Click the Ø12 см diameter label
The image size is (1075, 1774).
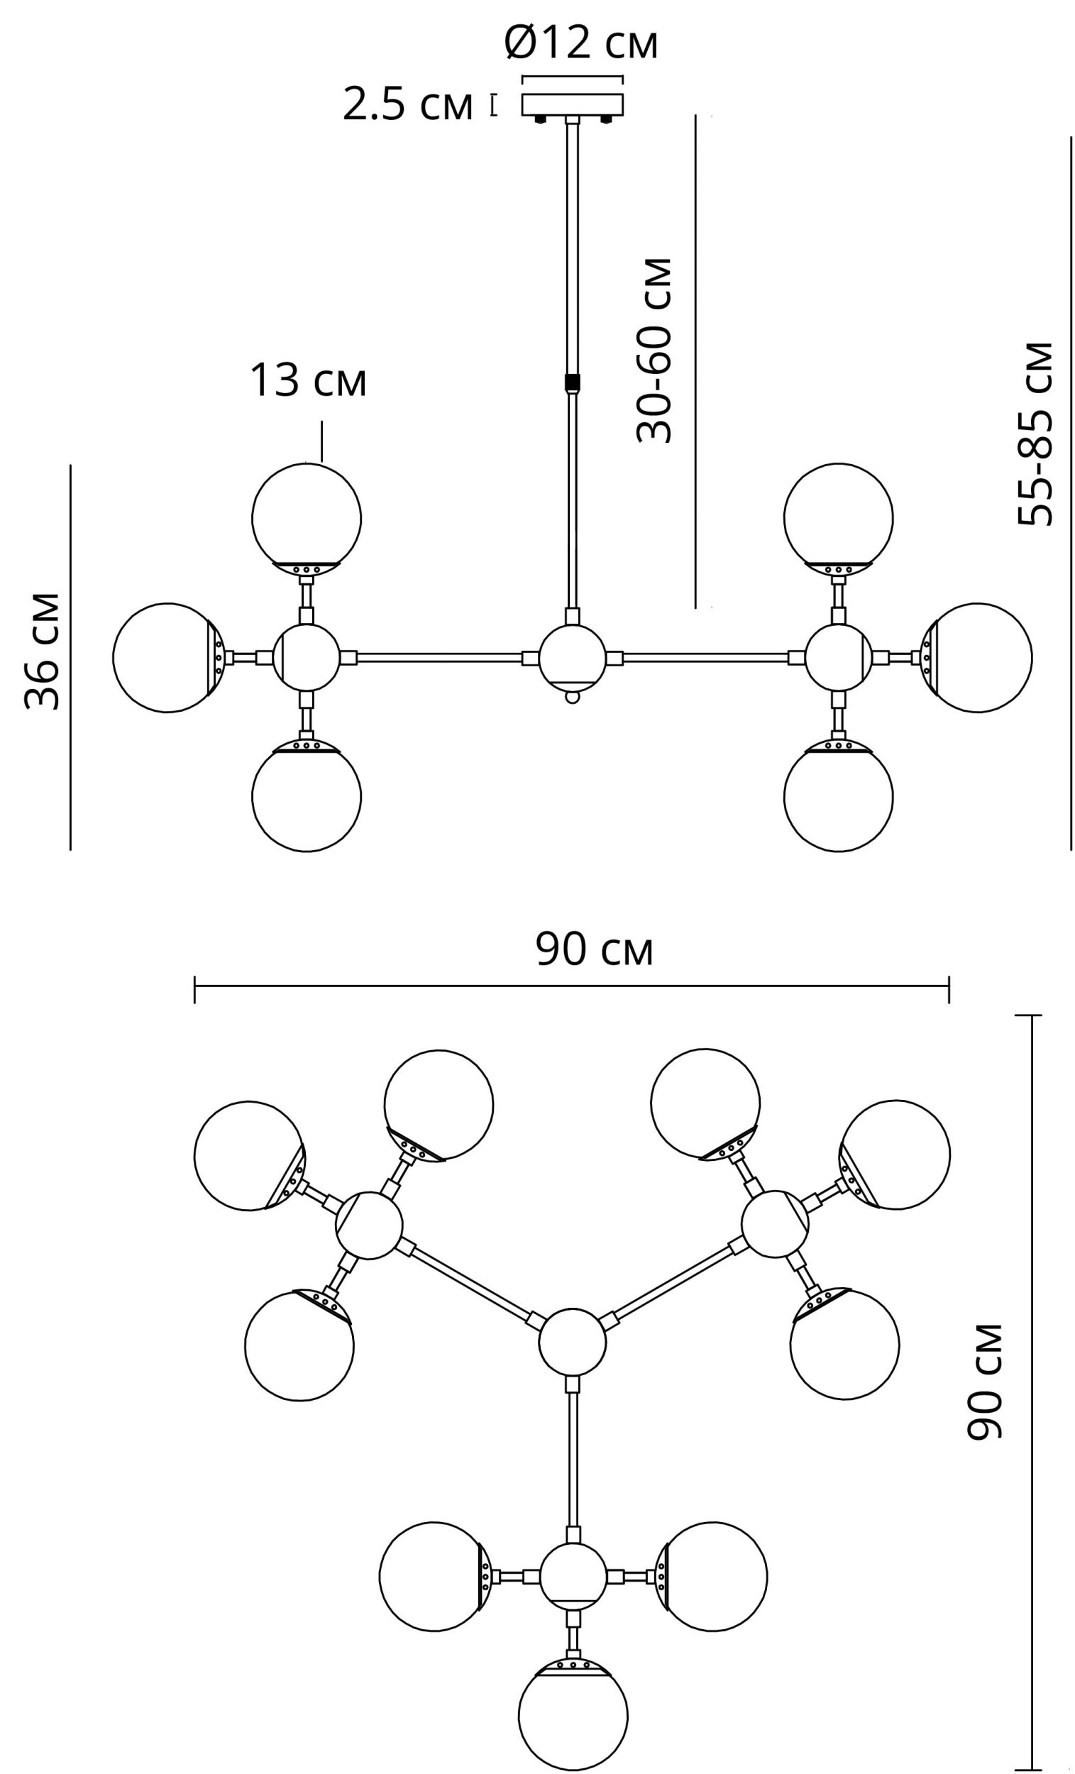coord(580,43)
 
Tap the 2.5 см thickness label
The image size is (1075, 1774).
coord(407,105)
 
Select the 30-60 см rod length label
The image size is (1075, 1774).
coord(654,350)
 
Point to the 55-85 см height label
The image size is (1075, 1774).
coord(1035,434)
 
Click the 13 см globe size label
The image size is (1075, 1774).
coord(307,381)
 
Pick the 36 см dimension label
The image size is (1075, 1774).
coord(42,651)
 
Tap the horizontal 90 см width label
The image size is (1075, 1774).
coord(594,949)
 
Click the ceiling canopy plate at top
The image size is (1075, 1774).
coord(573,104)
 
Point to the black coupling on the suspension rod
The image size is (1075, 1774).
coord(573,381)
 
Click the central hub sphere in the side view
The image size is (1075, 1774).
coord(573,656)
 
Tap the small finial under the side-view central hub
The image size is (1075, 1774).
coord(573,696)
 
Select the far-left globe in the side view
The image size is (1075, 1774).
coord(167,657)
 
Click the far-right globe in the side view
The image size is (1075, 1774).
coord(978,657)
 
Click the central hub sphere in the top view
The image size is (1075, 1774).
coord(573,1342)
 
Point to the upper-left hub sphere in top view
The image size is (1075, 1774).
coord(369,1225)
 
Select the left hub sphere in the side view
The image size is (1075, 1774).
coord(306,657)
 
